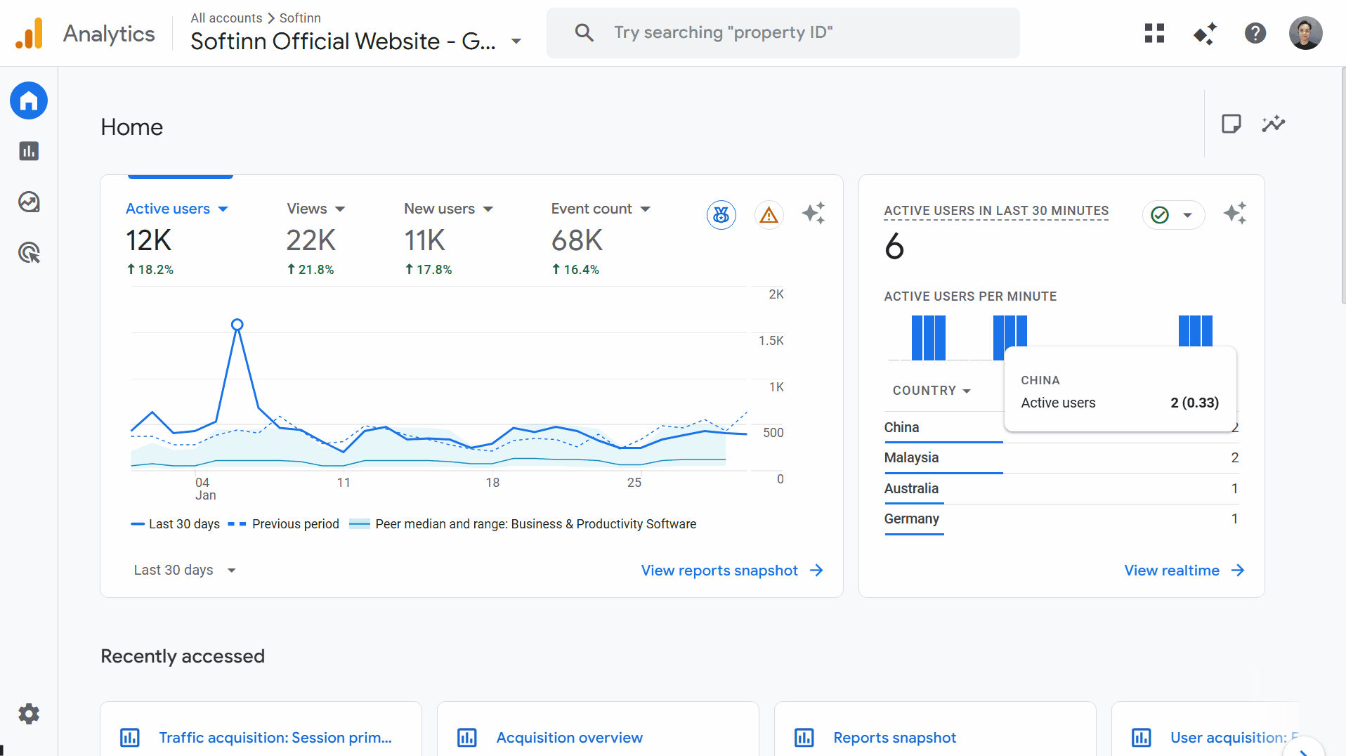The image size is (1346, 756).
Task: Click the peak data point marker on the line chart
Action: pos(237,325)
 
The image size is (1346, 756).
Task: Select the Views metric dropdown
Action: pos(315,209)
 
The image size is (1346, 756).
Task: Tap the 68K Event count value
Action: pos(577,241)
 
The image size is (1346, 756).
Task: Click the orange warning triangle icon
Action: pos(769,215)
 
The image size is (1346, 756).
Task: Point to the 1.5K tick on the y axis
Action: pos(771,341)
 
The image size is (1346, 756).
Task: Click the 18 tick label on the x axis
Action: pos(492,483)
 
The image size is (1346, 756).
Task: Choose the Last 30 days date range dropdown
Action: pos(184,570)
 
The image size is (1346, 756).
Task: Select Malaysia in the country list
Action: pos(911,457)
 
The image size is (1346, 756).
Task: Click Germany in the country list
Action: pos(911,519)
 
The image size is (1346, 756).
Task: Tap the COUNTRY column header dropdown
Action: pos(932,391)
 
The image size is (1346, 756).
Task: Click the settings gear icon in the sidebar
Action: pos(29,714)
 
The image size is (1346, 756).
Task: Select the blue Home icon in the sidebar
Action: pos(29,101)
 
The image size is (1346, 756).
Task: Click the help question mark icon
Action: pos(1255,33)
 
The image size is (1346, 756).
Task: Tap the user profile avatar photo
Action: pos(1305,33)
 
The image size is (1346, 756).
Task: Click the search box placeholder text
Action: pos(723,32)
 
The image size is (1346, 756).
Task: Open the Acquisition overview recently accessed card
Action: pos(569,738)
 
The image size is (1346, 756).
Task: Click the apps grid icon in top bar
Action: pos(1154,33)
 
